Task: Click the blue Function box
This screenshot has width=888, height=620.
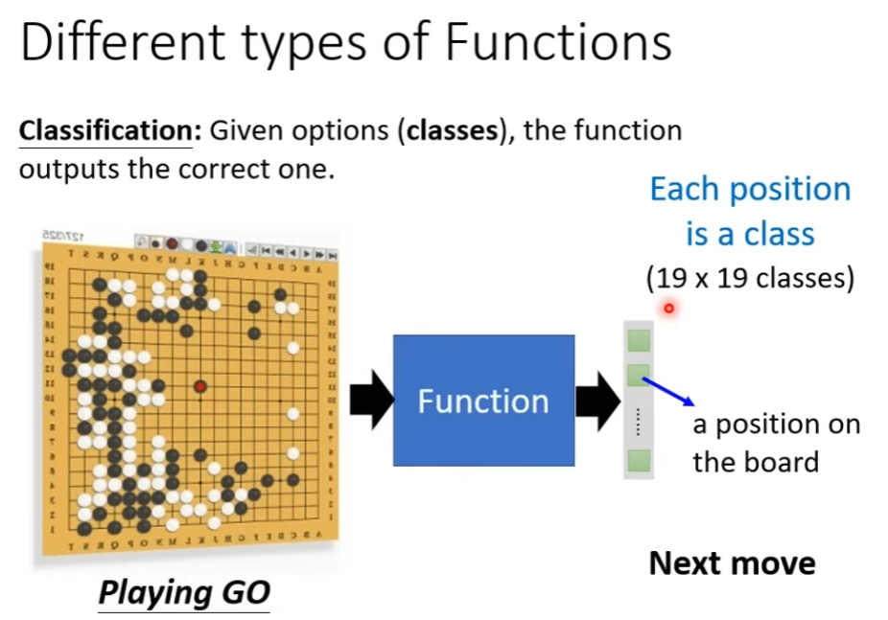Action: click(483, 400)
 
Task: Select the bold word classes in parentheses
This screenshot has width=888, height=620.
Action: click(452, 130)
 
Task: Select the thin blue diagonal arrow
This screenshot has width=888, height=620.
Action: click(666, 390)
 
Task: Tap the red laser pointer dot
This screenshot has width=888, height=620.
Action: click(668, 309)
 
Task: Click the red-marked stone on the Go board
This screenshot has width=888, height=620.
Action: click(200, 386)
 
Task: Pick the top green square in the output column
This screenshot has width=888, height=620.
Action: click(639, 340)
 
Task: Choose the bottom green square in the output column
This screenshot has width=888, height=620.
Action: click(639, 461)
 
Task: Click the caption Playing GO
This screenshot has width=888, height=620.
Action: click(184, 591)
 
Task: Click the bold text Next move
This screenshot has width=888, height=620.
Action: click(732, 563)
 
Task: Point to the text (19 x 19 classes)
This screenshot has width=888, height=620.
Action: click(749, 278)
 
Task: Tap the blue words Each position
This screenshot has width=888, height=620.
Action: click(750, 189)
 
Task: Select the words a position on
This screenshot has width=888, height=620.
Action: click(776, 425)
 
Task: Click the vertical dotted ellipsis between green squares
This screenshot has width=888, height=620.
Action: click(638, 421)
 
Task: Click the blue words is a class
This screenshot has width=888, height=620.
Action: click(750, 234)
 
